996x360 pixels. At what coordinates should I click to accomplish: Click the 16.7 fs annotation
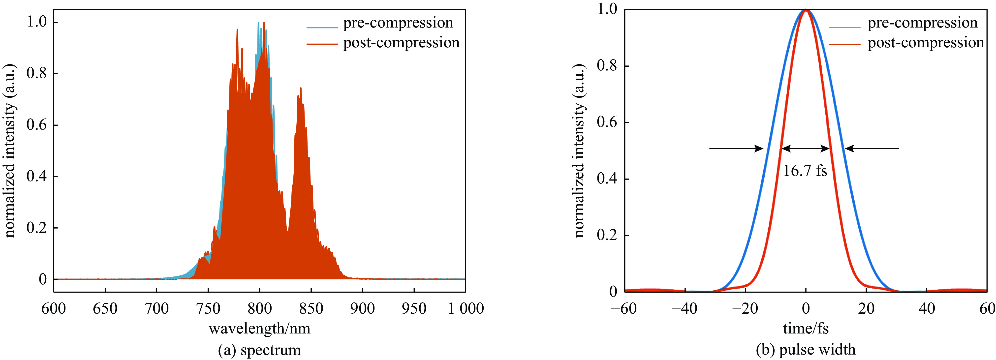coord(805,171)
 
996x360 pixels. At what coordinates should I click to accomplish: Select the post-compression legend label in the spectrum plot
coord(401,43)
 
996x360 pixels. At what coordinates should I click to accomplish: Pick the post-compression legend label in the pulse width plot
coord(926,43)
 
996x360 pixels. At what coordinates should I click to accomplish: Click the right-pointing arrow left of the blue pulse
coord(736,149)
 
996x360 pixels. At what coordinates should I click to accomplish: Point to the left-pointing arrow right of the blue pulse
coord(872,149)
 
